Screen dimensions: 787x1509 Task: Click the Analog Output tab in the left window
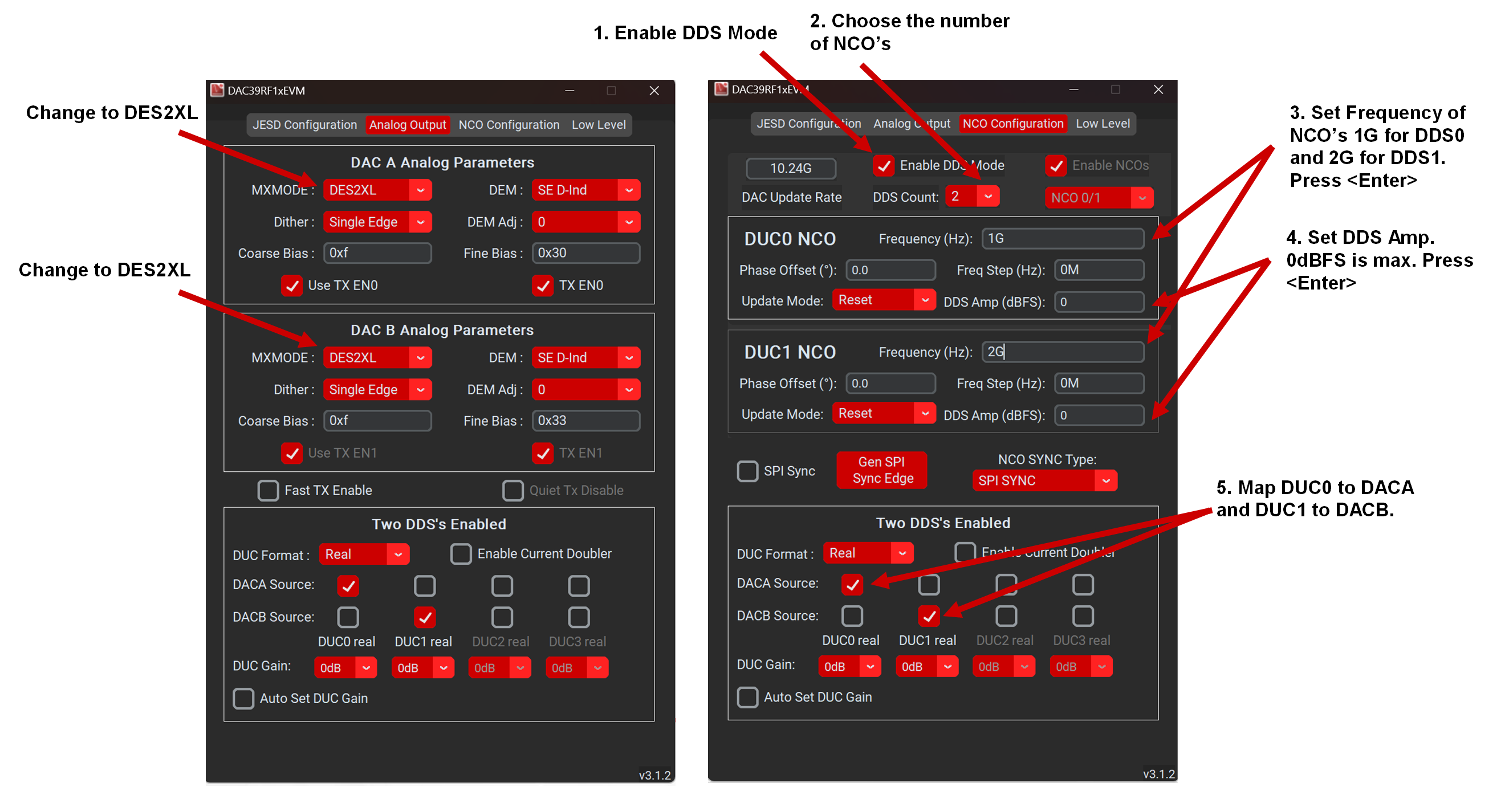pyautogui.click(x=407, y=125)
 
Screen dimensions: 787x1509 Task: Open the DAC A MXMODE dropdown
pyautogui.click(x=377, y=190)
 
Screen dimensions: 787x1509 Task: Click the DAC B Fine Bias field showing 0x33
pyautogui.click(x=585, y=421)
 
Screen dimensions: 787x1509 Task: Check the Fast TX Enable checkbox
pyautogui.click(x=269, y=490)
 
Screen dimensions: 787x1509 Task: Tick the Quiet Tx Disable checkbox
pyautogui.click(x=513, y=490)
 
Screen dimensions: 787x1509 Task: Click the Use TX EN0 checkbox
pyautogui.click(x=292, y=285)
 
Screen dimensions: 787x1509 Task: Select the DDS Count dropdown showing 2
pyautogui.click(x=971, y=196)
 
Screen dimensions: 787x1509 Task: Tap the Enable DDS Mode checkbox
pyautogui.click(x=884, y=166)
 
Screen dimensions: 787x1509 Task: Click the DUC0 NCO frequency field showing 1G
pyautogui.click(x=1062, y=238)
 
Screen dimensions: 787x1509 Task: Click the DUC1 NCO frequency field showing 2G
pyautogui.click(x=1062, y=352)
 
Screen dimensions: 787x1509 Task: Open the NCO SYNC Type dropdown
pyautogui.click(x=1044, y=481)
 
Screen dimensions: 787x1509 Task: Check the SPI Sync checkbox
pyautogui.click(x=747, y=471)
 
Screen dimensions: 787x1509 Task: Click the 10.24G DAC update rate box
pyautogui.click(x=790, y=169)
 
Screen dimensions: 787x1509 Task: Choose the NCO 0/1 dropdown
pyautogui.click(x=1099, y=198)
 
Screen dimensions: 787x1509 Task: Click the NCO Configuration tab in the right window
pyautogui.click(x=1012, y=124)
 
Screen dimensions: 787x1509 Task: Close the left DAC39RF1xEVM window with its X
pyautogui.click(x=654, y=91)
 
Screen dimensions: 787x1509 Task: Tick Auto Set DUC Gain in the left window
pyautogui.click(x=243, y=698)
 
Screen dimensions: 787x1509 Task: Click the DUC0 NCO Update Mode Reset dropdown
pyautogui.click(x=884, y=300)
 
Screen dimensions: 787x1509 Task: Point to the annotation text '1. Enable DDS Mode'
pyautogui.click(x=685, y=33)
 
